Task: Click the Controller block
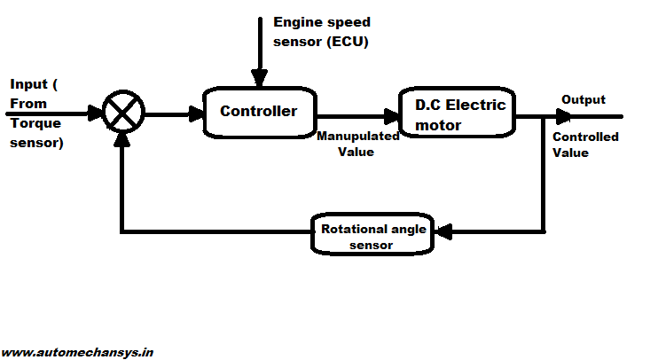pos(260,112)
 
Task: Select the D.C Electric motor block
pos(457,113)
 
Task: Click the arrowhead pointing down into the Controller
pos(259,80)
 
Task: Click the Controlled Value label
pos(584,145)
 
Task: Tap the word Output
pos(584,99)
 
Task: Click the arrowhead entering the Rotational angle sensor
pos(443,231)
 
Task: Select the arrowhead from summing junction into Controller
pos(196,114)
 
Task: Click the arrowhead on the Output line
pos(565,115)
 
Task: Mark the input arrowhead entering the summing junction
pos(95,113)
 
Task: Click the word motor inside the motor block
pos(438,125)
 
